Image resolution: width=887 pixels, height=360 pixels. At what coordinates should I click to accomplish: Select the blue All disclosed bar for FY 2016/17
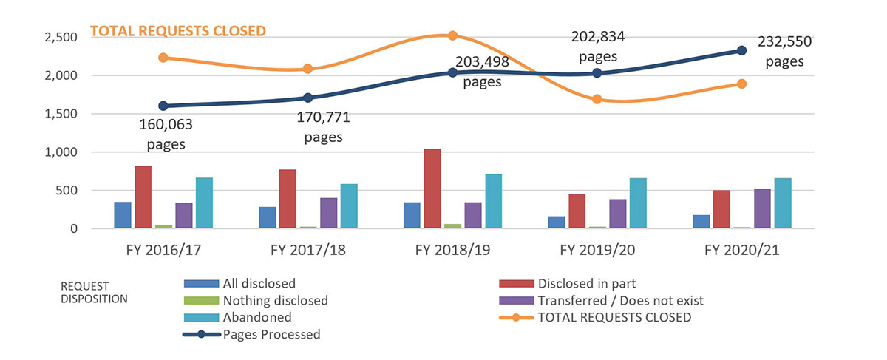point(123,215)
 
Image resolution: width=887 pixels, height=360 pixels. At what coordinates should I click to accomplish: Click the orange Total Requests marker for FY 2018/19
point(453,35)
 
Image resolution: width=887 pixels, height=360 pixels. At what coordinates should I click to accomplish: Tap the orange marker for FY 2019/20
point(597,99)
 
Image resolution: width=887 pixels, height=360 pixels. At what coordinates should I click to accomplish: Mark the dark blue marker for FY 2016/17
point(163,106)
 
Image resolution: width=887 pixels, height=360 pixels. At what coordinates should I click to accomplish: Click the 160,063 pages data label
point(165,133)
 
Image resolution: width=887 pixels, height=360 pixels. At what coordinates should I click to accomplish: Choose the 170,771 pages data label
point(324,126)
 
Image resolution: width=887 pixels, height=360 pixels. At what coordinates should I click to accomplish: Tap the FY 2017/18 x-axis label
point(309,251)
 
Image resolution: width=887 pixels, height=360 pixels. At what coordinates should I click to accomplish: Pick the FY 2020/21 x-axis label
point(741,251)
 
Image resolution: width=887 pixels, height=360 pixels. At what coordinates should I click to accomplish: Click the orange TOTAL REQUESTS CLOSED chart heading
point(177,31)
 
